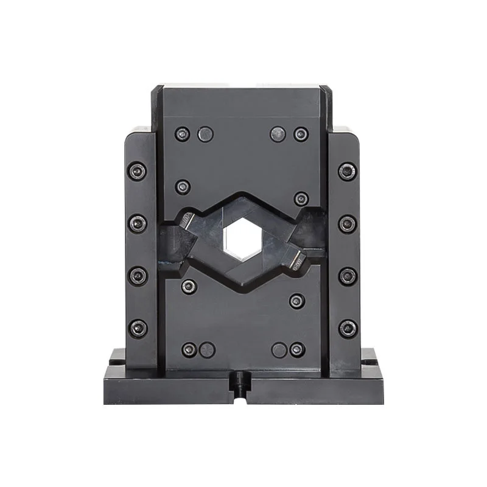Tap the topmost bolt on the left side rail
tap(138, 172)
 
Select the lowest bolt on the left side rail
tap(138, 328)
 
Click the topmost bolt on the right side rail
tap(348, 172)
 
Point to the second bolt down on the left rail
tap(138, 223)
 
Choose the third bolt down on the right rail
tap(348, 276)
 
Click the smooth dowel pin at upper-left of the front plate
tap(206, 134)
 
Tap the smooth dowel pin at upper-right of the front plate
tap(278, 134)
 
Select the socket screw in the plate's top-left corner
tap(182, 134)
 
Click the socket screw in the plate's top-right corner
tap(301, 134)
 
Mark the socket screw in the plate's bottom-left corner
tap(189, 349)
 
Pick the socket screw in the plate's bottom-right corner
tap(297, 349)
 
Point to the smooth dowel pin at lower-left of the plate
tap(208, 349)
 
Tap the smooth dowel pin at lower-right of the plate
tap(279, 349)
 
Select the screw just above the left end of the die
tap(183, 187)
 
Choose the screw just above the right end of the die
tap(301, 198)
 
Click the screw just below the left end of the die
tap(189, 286)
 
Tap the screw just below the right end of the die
tap(297, 301)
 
